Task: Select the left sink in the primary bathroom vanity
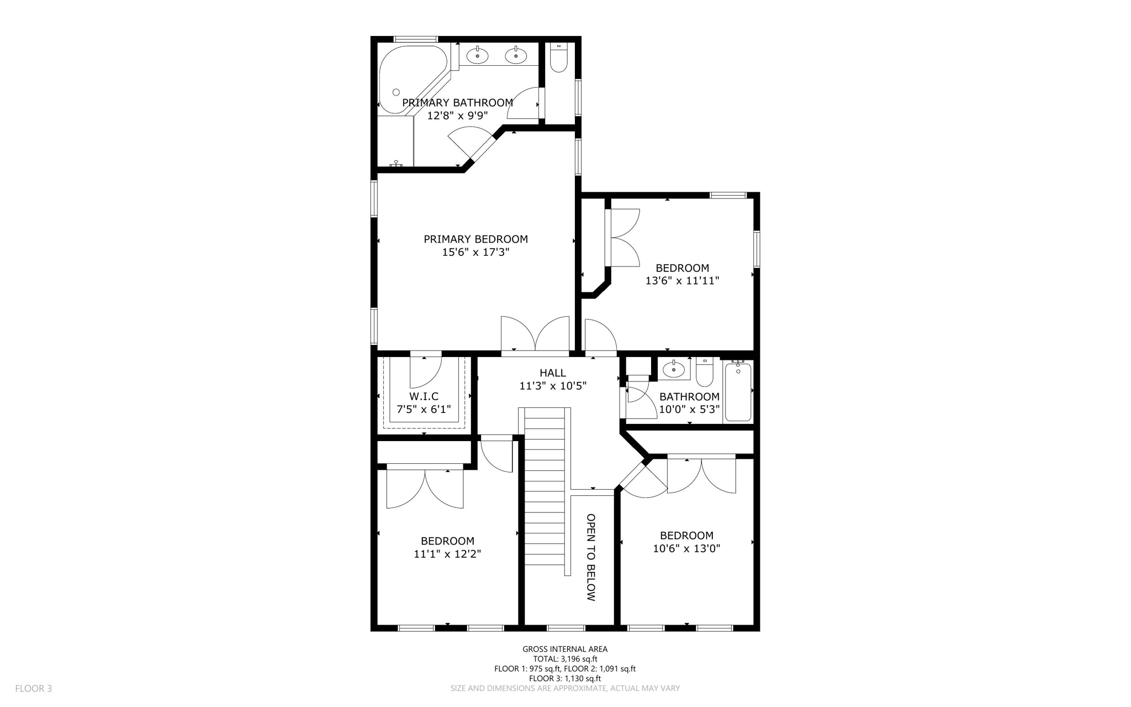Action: pos(477,55)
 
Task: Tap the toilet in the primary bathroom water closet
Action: pos(559,59)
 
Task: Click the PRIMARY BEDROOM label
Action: pos(475,239)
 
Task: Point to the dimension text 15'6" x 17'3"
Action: pos(475,253)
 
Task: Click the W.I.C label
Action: pos(424,396)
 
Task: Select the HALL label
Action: pos(553,373)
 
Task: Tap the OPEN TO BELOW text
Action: pos(591,557)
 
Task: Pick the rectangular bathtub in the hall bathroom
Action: pos(738,391)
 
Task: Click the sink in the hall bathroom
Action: pos(674,369)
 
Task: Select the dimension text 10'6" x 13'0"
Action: pos(686,549)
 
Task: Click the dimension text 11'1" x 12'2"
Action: pos(447,554)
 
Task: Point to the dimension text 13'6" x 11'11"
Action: pos(682,281)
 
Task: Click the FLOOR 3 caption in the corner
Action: pos(34,689)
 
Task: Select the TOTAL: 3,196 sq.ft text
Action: pos(565,659)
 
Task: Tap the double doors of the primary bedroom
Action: pos(535,334)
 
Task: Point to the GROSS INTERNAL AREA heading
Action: pos(565,650)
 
